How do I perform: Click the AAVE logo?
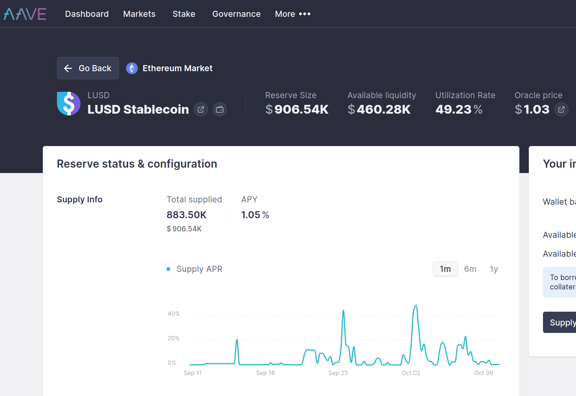tap(25, 14)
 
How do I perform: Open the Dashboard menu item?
tap(87, 14)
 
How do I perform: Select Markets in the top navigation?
tap(139, 14)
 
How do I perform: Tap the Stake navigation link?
tap(184, 14)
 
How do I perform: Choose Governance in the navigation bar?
tap(236, 14)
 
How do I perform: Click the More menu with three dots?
tap(293, 14)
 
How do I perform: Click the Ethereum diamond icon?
tap(132, 68)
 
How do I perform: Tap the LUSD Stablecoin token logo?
tap(69, 104)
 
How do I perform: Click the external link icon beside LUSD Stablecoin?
tap(201, 109)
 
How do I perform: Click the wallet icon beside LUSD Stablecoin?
tap(220, 109)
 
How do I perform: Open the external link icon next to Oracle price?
tap(562, 109)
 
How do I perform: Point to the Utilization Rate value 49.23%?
tap(459, 109)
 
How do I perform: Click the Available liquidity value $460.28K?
tap(379, 109)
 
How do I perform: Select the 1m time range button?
tap(445, 269)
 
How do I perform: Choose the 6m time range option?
tap(470, 269)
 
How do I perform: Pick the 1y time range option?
tap(494, 269)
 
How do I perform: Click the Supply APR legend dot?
tap(168, 269)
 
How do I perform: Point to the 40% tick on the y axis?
tap(174, 314)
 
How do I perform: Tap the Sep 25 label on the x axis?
tap(338, 373)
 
